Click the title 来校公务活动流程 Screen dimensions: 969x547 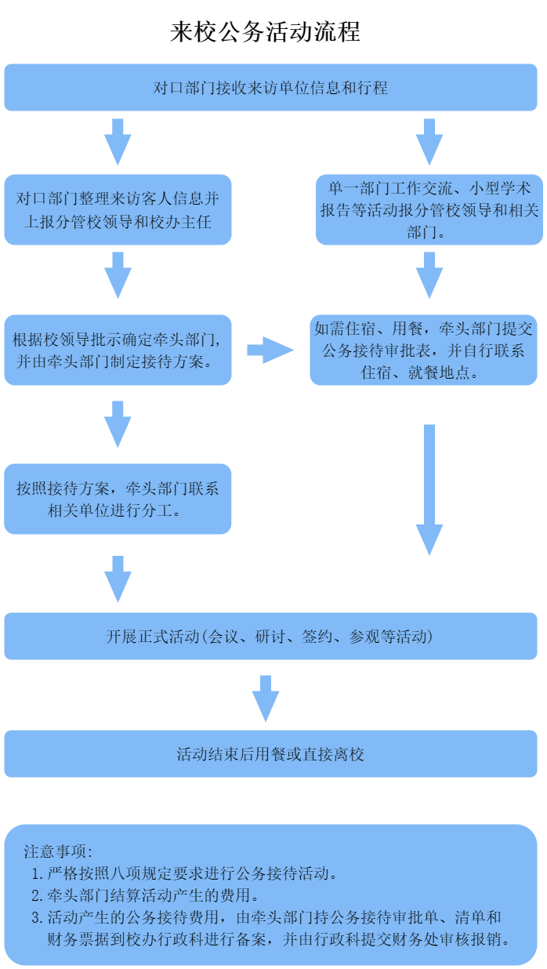point(265,32)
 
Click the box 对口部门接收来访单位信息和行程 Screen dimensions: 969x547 point(270,87)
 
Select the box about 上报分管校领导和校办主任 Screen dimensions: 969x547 point(118,209)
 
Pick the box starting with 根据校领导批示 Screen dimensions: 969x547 point(118,350)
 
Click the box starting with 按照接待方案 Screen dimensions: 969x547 point(118,499)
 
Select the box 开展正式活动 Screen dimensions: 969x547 point(270,636)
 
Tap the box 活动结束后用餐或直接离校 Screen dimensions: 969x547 point(270,754)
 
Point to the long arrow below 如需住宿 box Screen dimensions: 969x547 point(429,490)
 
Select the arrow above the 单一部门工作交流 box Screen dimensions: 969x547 point(429,141)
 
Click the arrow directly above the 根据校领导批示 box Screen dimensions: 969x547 point(118,274)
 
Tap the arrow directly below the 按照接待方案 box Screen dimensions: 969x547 point(118,578)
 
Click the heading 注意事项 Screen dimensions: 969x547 point(59,851)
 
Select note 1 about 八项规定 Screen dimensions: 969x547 point(185,873)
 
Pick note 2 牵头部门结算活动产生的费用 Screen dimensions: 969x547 point(146,895)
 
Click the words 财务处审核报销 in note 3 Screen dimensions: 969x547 point(462,938)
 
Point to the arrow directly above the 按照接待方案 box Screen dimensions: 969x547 point(118,423)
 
